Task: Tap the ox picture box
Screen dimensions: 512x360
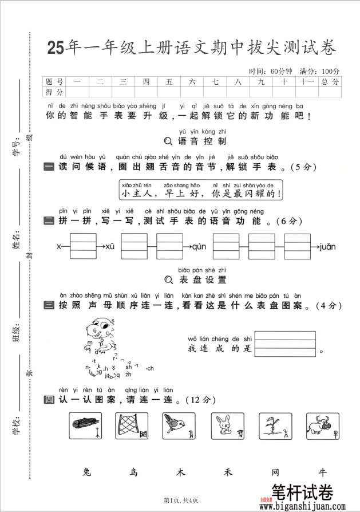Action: tap(322, 427)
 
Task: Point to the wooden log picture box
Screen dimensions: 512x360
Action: tap(85, 427)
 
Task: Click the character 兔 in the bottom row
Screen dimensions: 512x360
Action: tap(87, 472)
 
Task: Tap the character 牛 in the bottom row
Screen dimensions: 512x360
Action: tap(323, 472)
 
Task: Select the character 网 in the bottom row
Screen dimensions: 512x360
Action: tap(275, 472)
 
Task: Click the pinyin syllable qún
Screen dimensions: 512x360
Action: tap(199, 247)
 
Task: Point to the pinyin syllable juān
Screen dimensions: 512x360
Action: tap(327, 247)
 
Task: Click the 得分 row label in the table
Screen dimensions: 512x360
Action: tap(54, 92)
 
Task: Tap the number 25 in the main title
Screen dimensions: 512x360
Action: tap(56, 48)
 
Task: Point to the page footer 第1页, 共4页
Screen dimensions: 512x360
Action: tap(181, 501)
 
